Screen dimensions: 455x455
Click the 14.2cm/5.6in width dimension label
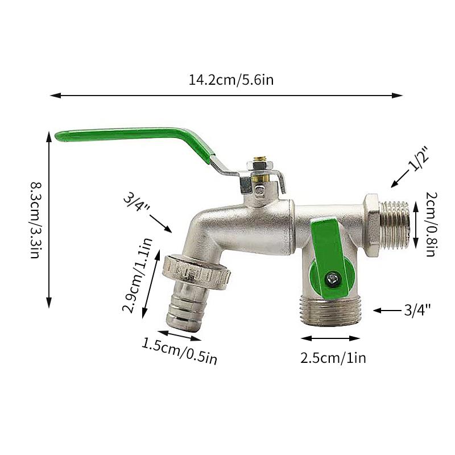pos(231,80)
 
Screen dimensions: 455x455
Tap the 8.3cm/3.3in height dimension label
pos(36,220)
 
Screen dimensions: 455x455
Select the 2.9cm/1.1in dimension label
pos(137,275)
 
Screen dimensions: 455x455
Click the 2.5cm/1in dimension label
pos(333,358)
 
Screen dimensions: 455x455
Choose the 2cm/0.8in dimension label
pos(432,224)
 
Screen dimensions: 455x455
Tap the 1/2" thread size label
pos(419,159)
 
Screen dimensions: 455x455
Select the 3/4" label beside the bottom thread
pos(417,310)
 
